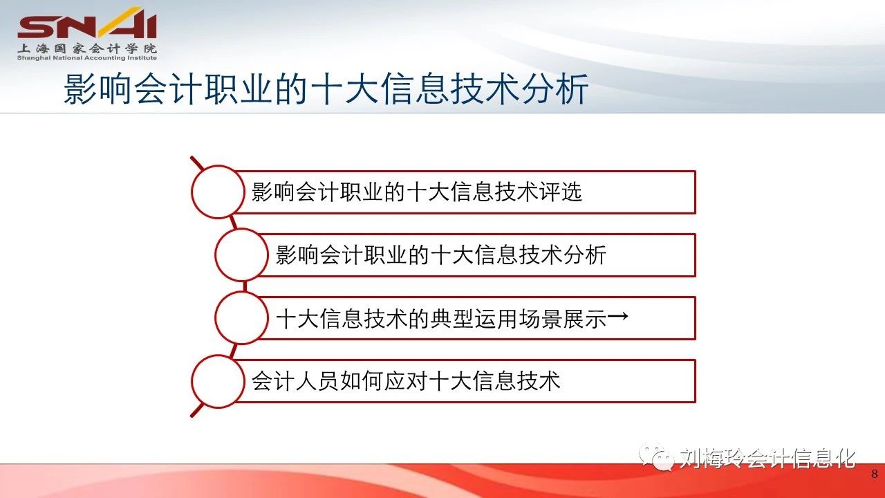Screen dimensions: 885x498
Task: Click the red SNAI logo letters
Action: click(87, 26)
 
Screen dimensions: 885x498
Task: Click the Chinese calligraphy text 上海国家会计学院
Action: click(87, 48)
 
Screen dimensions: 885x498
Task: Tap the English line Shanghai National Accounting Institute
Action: click(87, 58)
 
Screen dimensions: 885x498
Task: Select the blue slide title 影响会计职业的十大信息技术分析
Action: click(326, 89)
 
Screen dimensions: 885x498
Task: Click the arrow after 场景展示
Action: click(617, 316)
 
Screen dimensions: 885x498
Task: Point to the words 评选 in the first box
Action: click(560, 192)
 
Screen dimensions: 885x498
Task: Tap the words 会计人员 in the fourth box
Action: click(295, 381)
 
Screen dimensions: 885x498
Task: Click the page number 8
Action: click(875, 474)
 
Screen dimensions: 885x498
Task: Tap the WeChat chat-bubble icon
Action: click(656, 457)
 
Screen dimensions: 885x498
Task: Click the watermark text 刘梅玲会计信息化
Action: click(767, 459)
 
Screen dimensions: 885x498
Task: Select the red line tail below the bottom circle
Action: click(197, 410)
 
